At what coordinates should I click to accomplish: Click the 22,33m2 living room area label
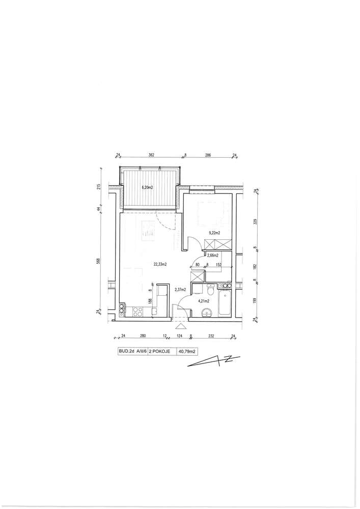(160, 264)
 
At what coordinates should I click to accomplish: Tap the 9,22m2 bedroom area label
(214, 233)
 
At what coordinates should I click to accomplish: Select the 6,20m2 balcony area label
(147, 187)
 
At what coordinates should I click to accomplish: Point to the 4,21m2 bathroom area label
(204, 301)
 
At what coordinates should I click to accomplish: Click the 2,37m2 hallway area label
(180, 290)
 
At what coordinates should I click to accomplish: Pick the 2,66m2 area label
(213, 255)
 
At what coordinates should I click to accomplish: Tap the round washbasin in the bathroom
(206, 313)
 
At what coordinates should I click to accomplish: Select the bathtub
(225, 302)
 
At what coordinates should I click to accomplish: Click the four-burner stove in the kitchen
(137, 312)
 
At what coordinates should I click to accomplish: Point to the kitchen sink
(155, 312)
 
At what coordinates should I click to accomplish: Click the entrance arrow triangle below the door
(180, 326)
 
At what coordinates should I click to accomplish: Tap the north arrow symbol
(213, 361)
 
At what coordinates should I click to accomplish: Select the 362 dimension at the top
(151, 155)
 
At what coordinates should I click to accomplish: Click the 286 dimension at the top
(208, 155)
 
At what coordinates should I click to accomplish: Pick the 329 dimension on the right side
(255, 222)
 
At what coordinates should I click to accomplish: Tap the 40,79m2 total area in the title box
(187, 351)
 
